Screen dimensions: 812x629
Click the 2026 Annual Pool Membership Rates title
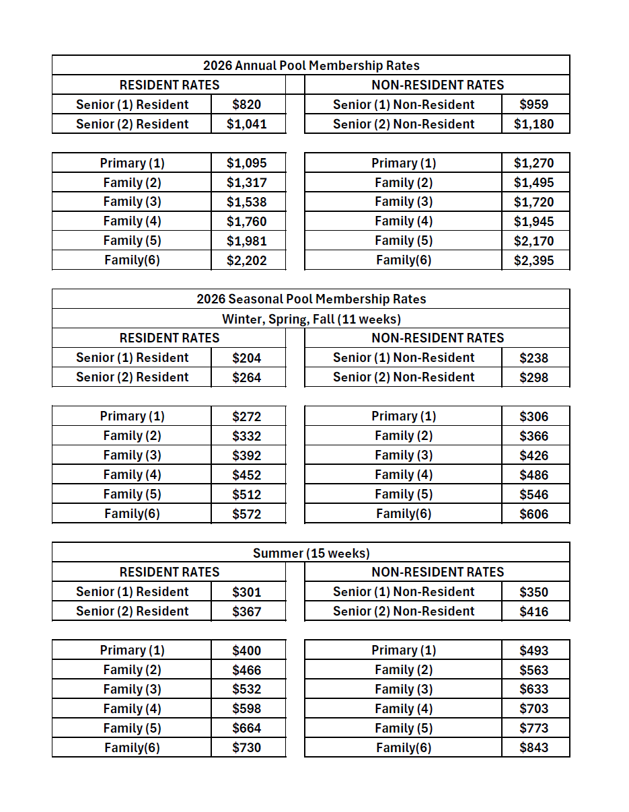coord(311,65)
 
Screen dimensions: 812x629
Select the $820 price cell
coord(246,104)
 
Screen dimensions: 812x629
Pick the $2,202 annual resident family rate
coord(246,260)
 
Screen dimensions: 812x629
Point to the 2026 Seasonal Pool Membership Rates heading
coord(311,299)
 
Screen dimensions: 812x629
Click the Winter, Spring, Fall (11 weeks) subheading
coord(311,318)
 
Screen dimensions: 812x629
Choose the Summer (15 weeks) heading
coord(311,553)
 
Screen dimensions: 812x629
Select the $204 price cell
coord(246,358)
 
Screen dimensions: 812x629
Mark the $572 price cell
coord(246,514)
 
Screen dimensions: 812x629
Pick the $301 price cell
coord(246,592)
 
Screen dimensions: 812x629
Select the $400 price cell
coord(246,651)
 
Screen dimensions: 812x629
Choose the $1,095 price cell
coord(246,163)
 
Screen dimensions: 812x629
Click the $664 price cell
coord(246,728)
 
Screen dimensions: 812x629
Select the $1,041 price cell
coord(246,124)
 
